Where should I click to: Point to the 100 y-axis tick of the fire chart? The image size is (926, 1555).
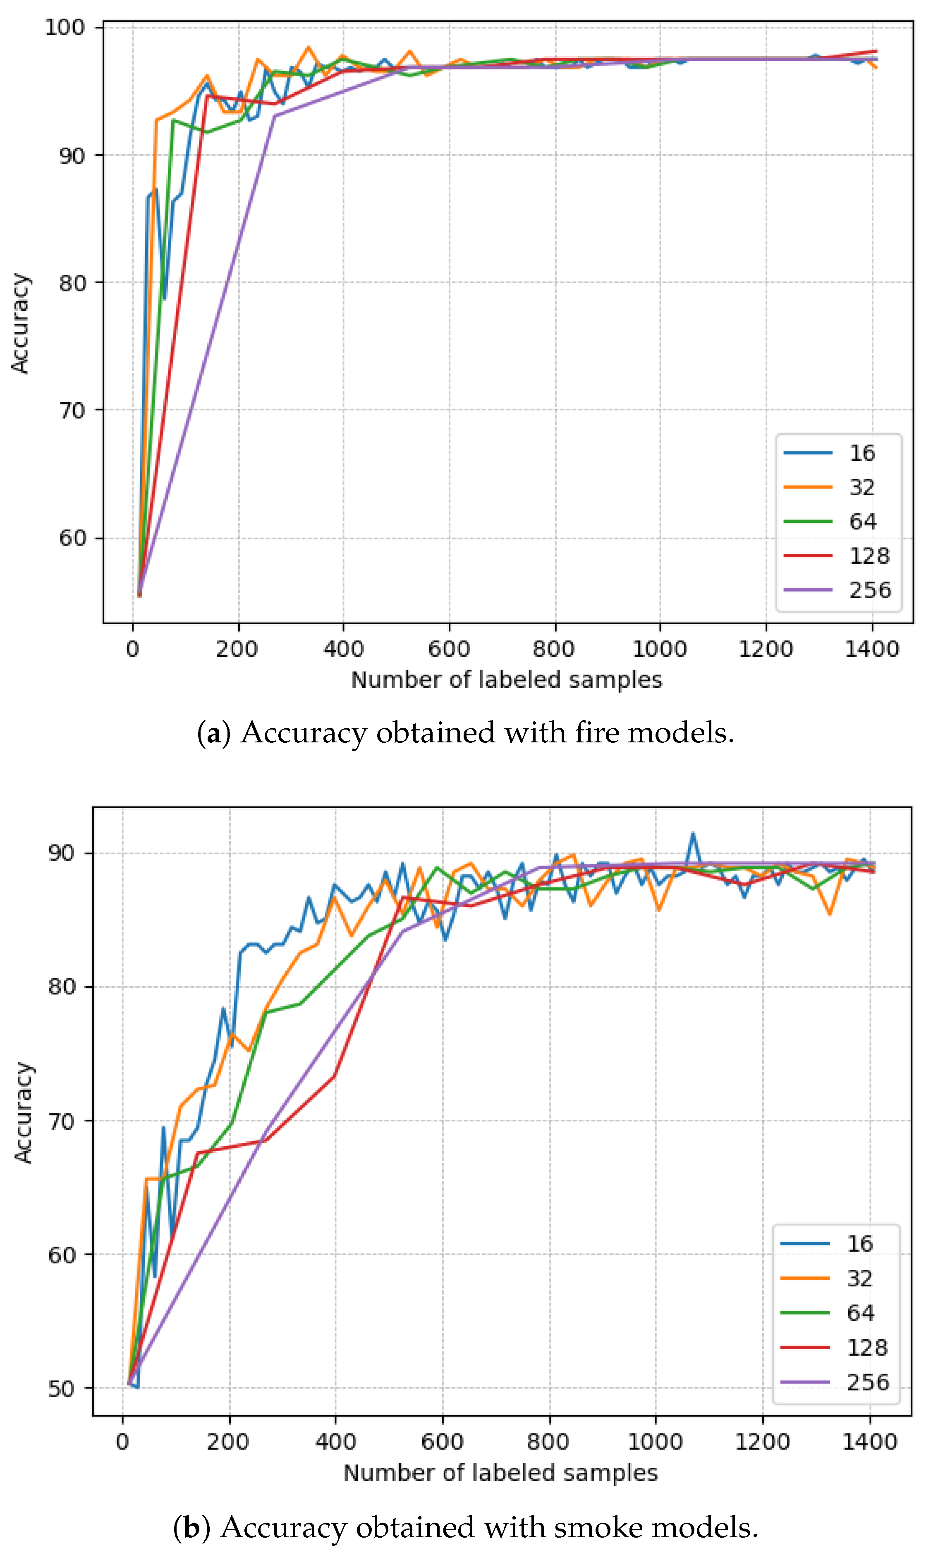coord(64,27)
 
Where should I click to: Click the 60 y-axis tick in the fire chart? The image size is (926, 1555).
coord(72,537)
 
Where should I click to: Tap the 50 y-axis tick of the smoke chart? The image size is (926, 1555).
coord(61,1388)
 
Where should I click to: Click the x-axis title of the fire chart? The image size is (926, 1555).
coord(506,680)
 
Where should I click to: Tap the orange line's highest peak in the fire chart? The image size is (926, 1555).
coord(308,47)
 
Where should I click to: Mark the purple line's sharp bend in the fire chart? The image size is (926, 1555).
coord(275,116)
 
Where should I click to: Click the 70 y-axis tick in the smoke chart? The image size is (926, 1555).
coord(61,1121)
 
